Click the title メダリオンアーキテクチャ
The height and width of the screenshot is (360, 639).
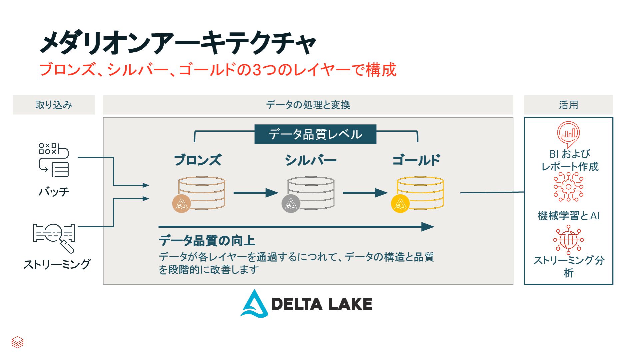click(178, 43)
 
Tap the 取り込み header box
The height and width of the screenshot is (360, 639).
click(54, 105)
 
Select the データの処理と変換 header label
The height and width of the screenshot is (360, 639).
click(308, 105)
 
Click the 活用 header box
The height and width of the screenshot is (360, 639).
click(568, 105)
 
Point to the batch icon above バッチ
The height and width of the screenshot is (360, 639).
click(54, 160)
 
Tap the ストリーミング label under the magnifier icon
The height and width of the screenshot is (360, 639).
click(57, 264)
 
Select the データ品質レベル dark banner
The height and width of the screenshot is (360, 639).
click(315, 134)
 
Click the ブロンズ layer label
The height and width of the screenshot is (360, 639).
click(198, 160)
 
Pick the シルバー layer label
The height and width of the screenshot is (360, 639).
click(311, 160)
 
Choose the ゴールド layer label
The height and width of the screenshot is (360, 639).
click(416, 160)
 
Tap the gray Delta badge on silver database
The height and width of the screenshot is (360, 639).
click(291, 203)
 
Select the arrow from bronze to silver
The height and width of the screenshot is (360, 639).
click(256, 193)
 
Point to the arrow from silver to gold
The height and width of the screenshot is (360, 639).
click(365, 193)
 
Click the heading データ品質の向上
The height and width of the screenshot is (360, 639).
click(207, 240)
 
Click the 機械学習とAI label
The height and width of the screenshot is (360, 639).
click(568, 216)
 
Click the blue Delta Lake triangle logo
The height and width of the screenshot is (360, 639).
click(255, 304)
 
